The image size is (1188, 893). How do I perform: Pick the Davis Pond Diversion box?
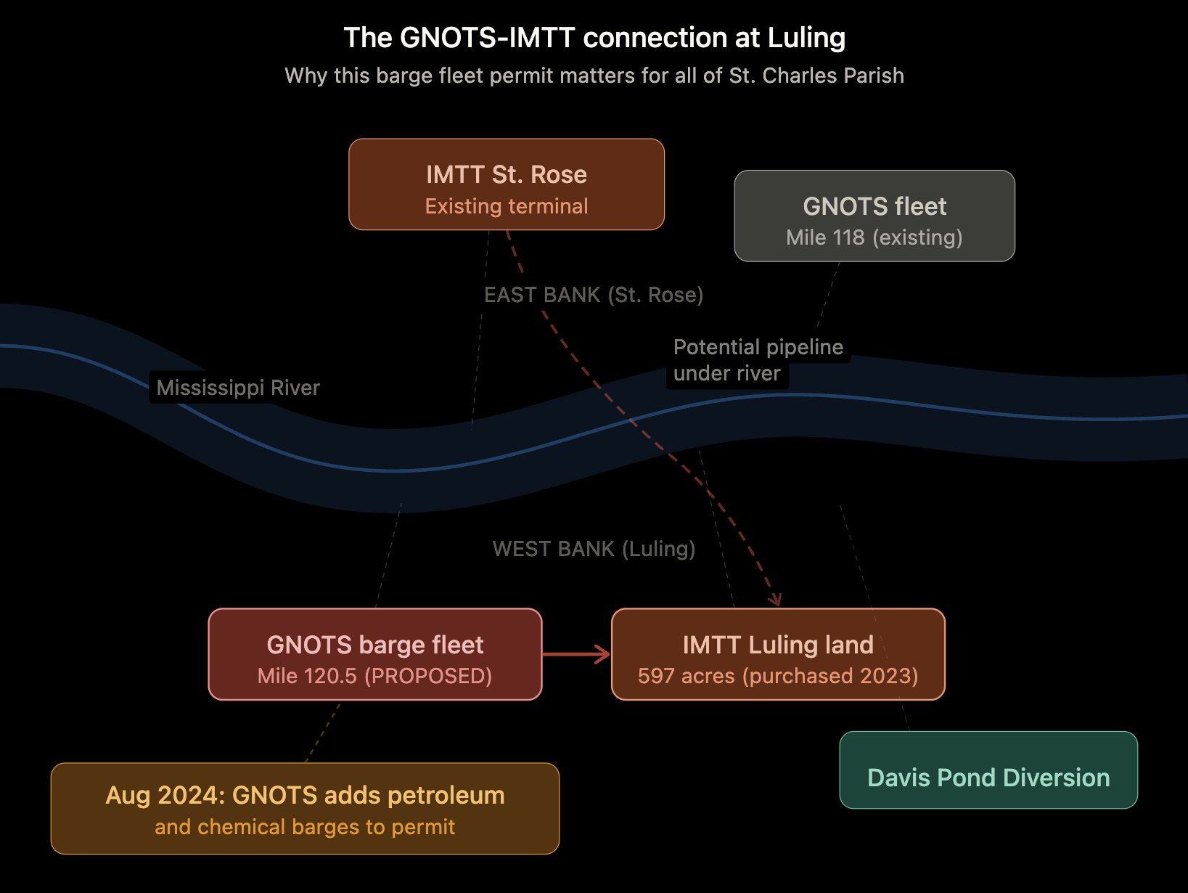(988, 770)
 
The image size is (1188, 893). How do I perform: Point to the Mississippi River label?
(238, 388)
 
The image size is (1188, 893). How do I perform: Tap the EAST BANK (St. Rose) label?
(593, 295)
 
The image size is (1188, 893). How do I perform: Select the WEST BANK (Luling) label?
(593, 549)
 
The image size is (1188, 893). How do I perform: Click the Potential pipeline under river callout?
(757, 360)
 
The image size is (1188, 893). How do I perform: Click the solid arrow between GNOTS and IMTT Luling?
(576, 654)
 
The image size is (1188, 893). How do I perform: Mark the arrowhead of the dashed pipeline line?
(777, 600)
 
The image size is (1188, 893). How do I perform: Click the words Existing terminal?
(506, 206)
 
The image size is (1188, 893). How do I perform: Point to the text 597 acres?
(686, 676)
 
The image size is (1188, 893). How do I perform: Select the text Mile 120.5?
(307, 676)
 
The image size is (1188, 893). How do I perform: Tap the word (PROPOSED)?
(428, 676)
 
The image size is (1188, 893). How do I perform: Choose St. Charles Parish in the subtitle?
(816, 76)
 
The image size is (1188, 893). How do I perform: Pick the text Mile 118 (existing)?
(874, 237)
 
